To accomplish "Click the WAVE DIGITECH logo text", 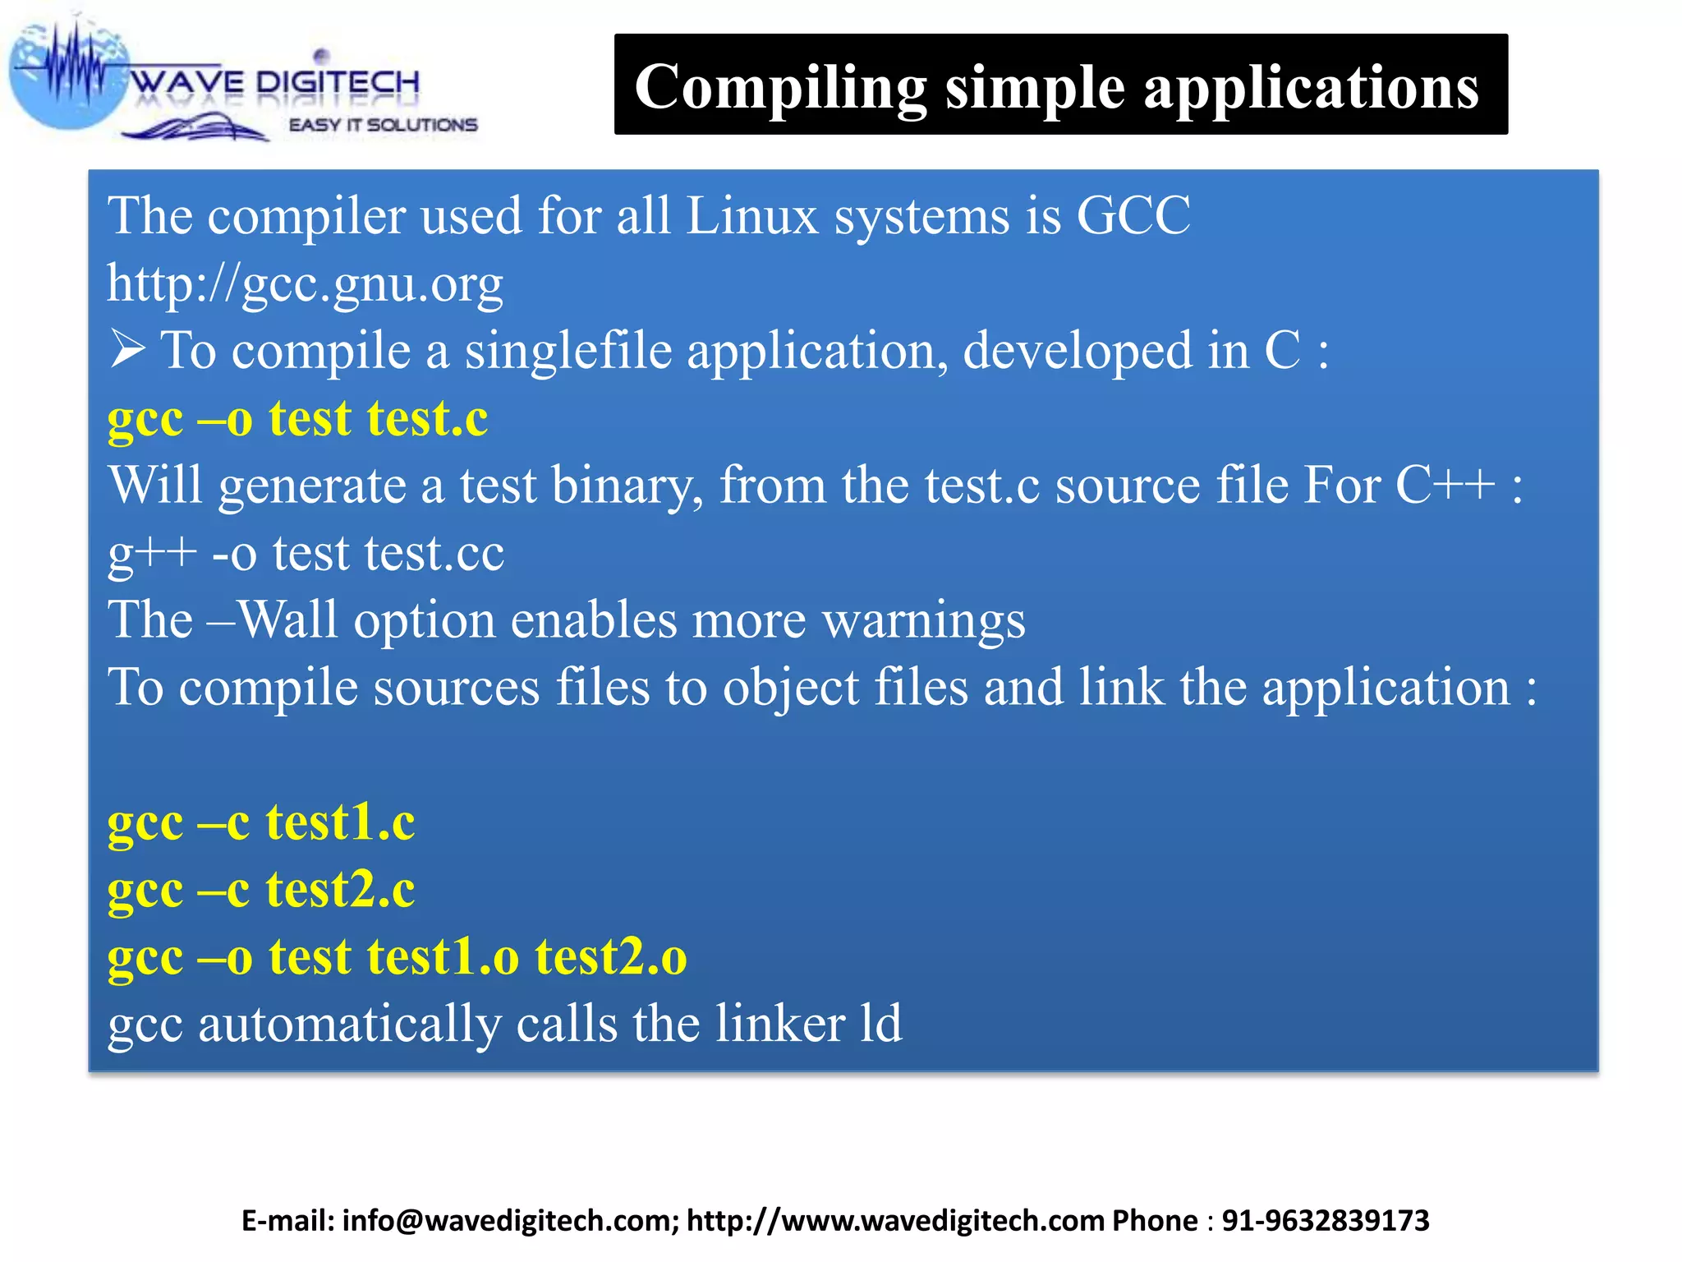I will pos(275,82).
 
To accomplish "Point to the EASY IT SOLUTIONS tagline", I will pos(383,125).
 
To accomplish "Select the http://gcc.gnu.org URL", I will pos(305,284).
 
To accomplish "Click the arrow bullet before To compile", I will pos(127,350).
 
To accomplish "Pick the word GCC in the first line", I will pos(1133,216).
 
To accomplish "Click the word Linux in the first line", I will pos(751,216).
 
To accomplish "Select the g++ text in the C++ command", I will pos(152,553).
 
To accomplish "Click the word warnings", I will pos(924,620).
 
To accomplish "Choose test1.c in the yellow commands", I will pos(340,822).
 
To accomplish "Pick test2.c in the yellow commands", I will pos(340,890).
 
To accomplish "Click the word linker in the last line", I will pos(779,1025).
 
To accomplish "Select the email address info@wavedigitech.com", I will pos(509,1221).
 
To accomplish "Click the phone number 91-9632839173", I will pos(1325,1221).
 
